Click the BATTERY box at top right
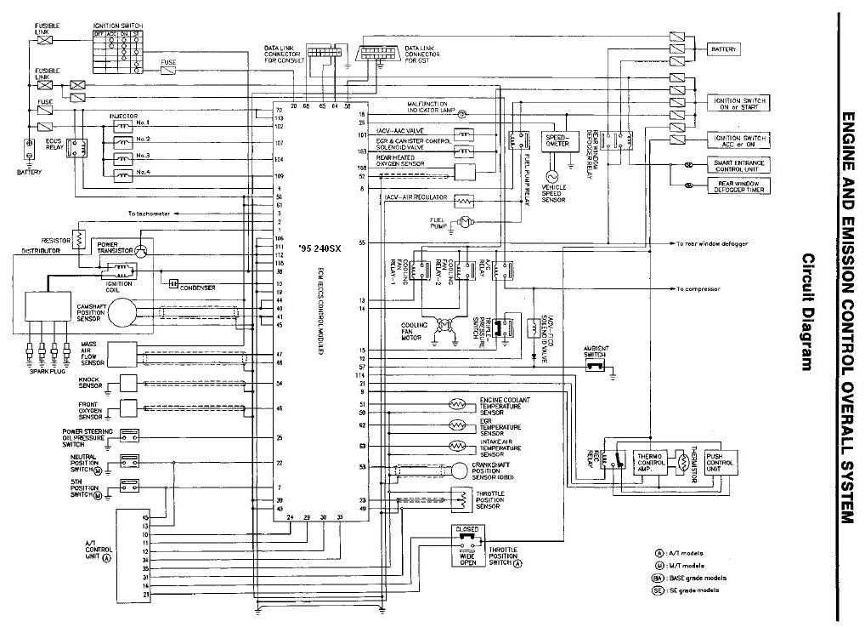click(723, 50)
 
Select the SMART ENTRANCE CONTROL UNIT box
click(738, 164)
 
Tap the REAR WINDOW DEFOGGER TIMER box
click(738, 185)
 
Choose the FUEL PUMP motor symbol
click(463, 222)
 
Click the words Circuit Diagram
click(808, 312)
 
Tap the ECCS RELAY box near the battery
click(78, 147)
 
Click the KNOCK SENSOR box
click(127, 383)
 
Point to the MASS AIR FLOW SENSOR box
click(122, 354)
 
